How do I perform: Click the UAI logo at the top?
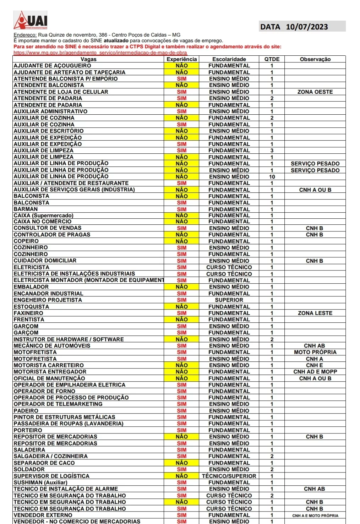tap(31, 20)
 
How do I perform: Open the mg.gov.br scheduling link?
tap(100, 53)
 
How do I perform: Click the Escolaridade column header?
tap(229, 59)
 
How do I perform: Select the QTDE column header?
tap(272, 59)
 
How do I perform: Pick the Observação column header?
tap(315, 59)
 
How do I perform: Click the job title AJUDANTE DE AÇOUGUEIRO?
tap(52, 66)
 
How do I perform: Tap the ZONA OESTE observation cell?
tap(315, 92)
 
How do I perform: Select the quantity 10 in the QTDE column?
tap(272, 177)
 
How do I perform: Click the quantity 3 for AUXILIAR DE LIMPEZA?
tap(272, 151)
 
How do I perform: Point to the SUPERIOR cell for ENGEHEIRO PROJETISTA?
tap(229, 300)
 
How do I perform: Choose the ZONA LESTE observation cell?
tap(315, 313)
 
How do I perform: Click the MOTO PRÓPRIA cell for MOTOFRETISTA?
tap(315, 352)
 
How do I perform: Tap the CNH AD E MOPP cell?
tap(315, 372)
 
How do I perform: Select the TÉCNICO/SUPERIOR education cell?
tap(229, 476)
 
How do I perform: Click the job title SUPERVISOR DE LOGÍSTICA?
tap(51, 476)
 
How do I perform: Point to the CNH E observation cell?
tap(315, 365)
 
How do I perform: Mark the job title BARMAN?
tap(26, 209)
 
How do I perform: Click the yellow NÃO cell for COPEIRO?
tap(181, 241)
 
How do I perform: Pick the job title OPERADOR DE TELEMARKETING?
tap(58, 404)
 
